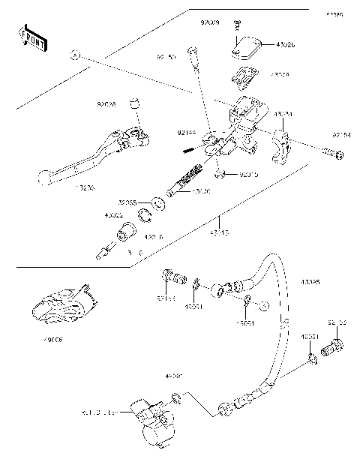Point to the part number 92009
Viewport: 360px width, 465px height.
point(210,23)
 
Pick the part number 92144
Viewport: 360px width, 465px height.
point(186,133)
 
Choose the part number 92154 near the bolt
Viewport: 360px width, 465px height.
point(342,135)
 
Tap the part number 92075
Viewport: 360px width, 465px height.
point(248,175)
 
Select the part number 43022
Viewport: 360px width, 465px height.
point(113,214)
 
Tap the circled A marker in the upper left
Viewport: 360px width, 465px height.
point(74,55)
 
